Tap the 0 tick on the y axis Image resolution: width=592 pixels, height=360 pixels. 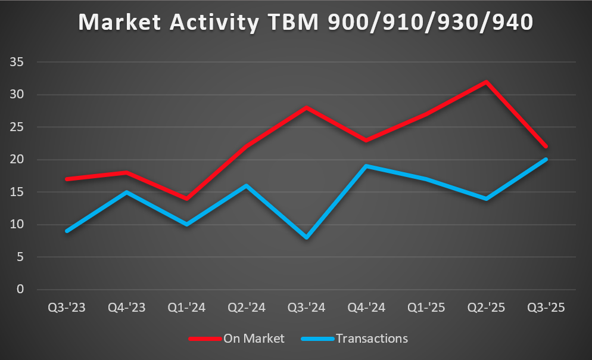point(20,290)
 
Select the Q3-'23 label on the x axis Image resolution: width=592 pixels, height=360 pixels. point(67,308)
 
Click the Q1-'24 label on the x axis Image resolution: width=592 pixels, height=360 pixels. point(186,308)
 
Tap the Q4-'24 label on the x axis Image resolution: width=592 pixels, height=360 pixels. point(366,308)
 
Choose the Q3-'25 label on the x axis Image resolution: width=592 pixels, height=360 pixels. point(546,308)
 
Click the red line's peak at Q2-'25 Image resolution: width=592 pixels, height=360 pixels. point(486,82)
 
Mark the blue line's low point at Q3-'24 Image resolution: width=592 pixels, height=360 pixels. point(306,237)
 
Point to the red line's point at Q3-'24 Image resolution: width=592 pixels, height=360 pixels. point(306,107)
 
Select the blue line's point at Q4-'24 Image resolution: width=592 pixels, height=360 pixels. point(366,166)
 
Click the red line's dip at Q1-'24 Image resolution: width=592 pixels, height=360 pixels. point(186,198)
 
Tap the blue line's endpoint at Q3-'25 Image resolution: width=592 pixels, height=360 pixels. point(546,159)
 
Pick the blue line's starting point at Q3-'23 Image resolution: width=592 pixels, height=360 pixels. point(67,231)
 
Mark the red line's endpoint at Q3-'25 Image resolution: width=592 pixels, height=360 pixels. point(546,147)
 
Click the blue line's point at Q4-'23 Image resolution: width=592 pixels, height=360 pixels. point(127,192)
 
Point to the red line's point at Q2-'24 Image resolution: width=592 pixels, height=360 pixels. point(247,147)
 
